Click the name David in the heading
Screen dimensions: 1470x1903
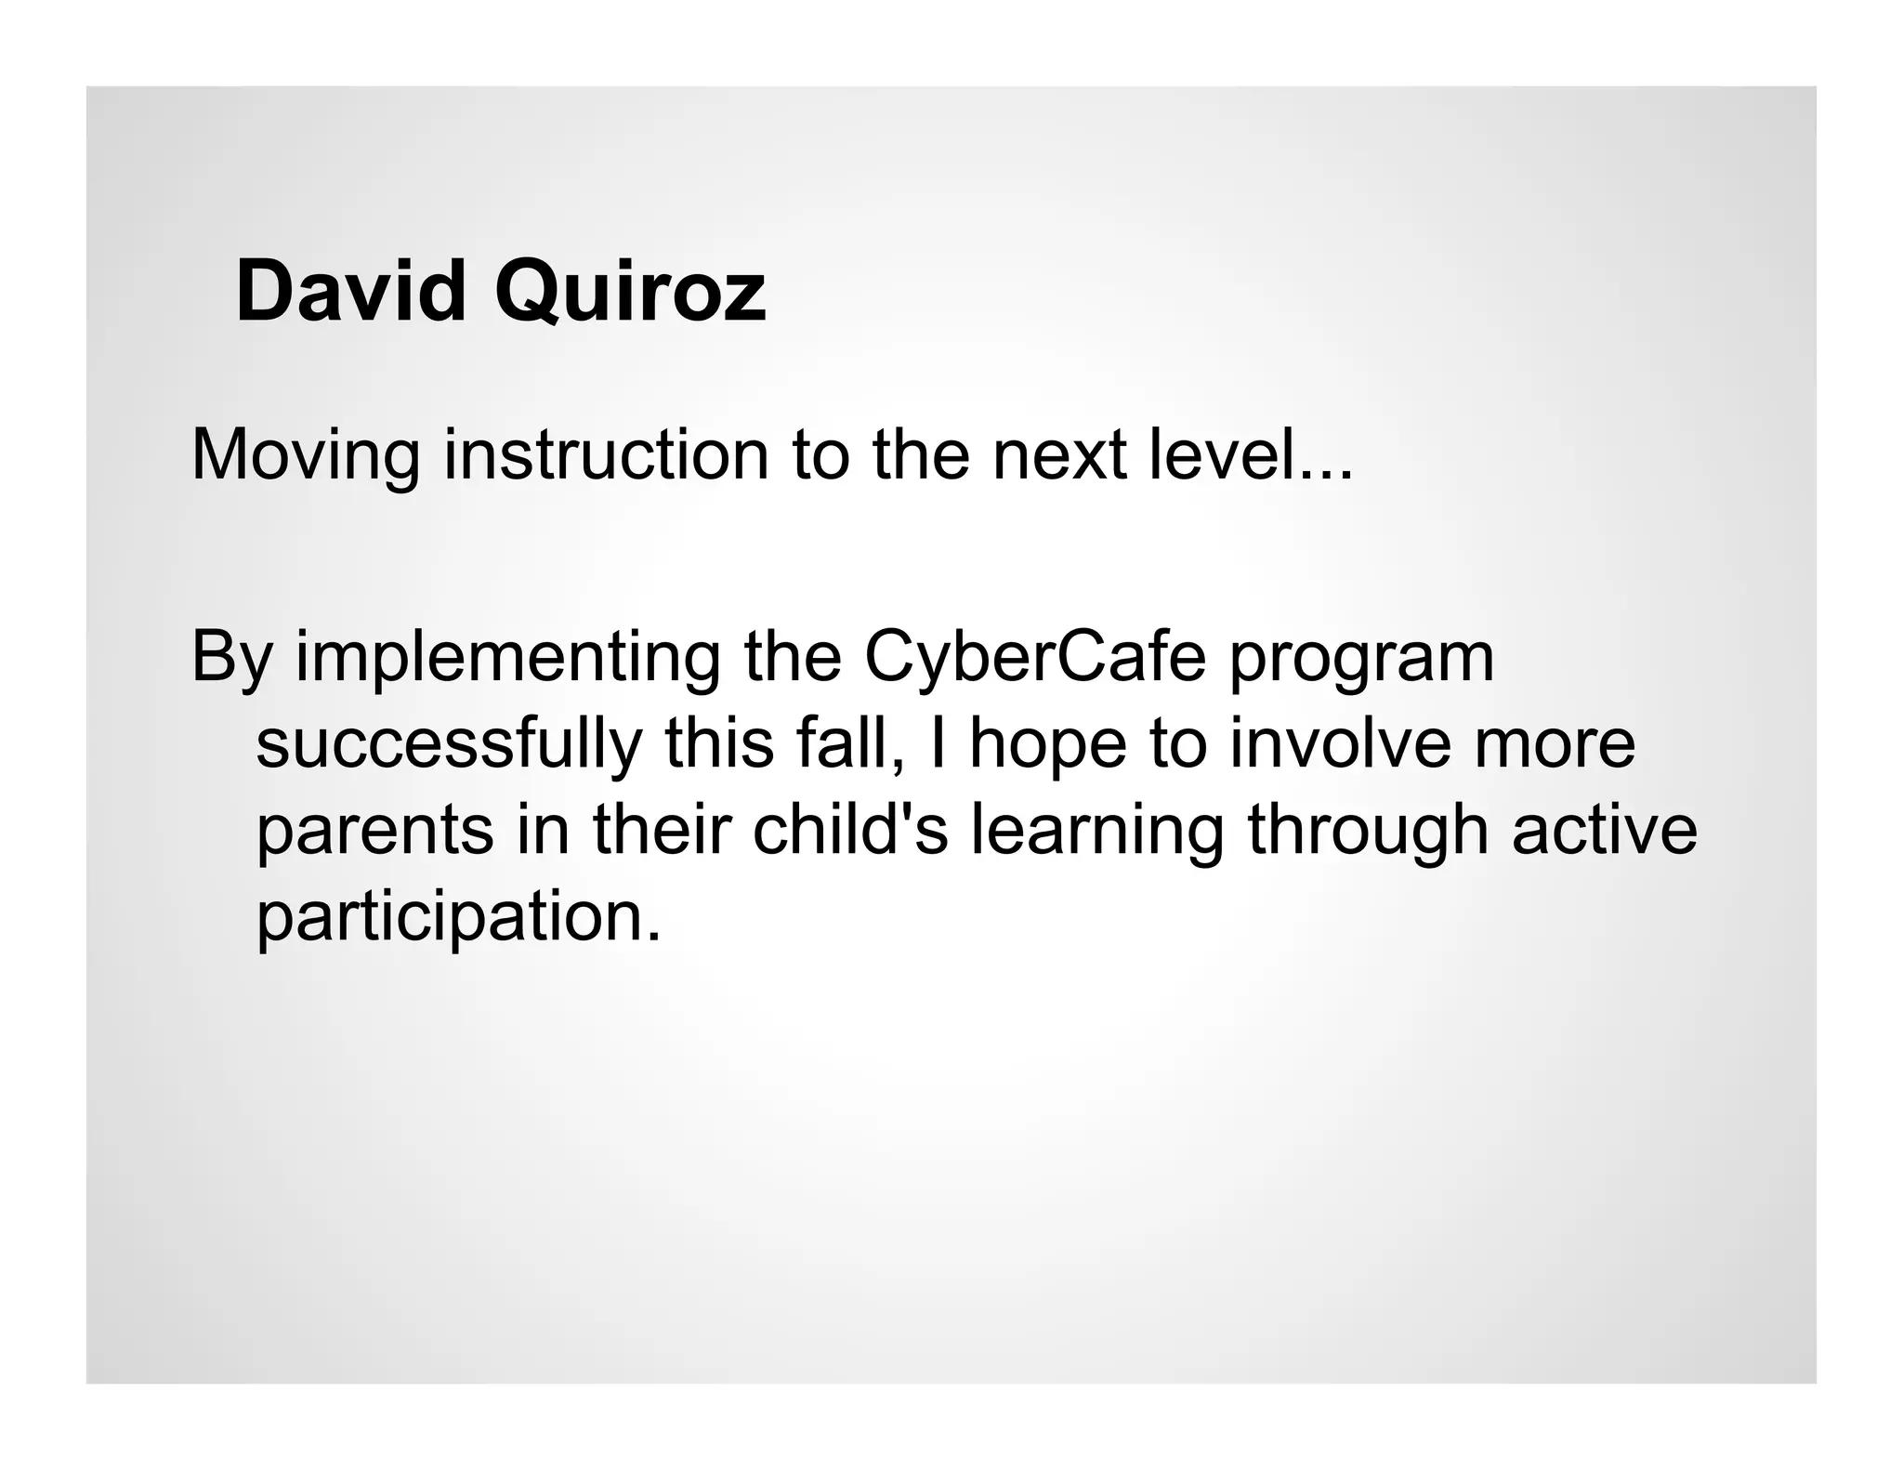350,292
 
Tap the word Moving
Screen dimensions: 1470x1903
306,457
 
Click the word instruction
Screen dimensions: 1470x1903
606,455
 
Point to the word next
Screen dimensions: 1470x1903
1058,457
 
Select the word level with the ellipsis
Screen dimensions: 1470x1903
1251,455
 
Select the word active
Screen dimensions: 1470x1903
1604,829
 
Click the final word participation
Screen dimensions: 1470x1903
457,918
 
